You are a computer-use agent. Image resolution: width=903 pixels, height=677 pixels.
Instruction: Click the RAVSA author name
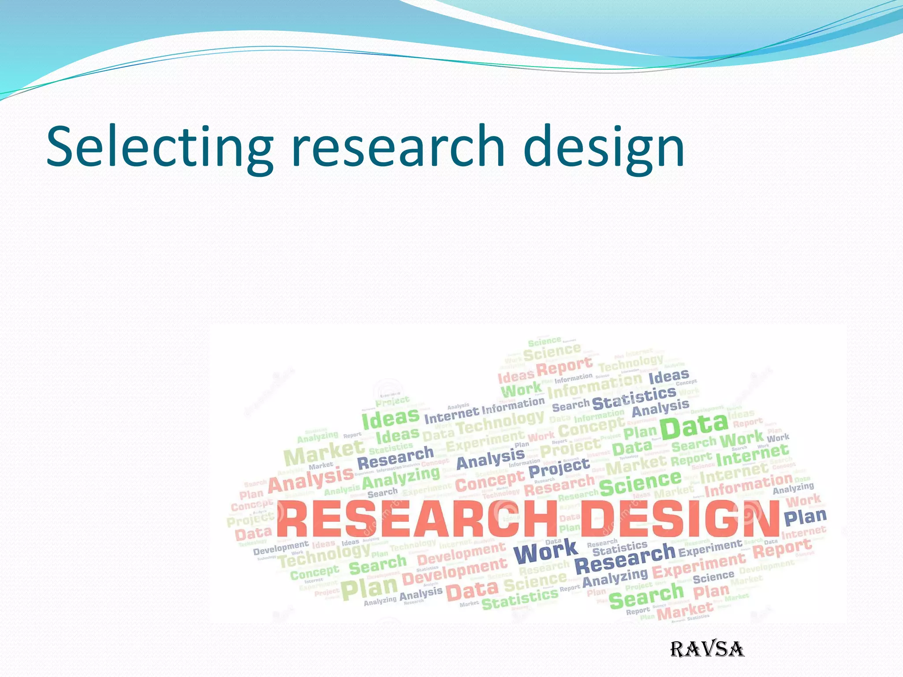click(707, 649)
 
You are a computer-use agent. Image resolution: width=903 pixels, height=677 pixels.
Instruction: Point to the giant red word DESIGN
click(679, 520)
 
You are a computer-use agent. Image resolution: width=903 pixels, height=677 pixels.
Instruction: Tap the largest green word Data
click(694, 426)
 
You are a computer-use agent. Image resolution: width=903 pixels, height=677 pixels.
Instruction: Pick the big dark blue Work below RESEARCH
click(545, 551)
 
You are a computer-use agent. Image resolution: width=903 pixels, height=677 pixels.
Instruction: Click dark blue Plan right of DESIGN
click(805, 517)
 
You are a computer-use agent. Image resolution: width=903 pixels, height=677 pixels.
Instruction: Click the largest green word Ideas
click(390, 417)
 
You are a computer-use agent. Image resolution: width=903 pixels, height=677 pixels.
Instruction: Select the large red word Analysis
click(310, 480)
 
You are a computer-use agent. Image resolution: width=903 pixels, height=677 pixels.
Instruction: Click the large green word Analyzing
click(401, 478)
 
